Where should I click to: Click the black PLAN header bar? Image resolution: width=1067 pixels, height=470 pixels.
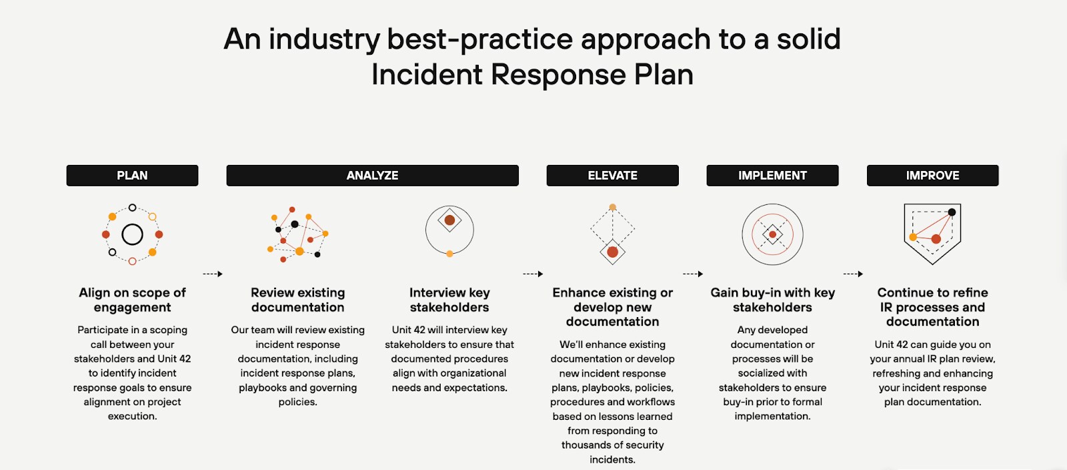click(x=132, y=176)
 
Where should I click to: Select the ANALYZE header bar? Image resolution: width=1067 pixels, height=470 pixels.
click(x=372, y=176)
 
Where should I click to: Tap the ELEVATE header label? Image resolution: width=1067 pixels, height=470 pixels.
click(x=612, y=176)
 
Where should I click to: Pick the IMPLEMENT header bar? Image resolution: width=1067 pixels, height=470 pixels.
click(x=772, y=176)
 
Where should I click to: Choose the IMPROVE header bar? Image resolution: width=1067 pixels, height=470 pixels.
click(x=932, y=176)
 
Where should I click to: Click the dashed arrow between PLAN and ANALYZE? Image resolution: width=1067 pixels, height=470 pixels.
click(x=213, y=274)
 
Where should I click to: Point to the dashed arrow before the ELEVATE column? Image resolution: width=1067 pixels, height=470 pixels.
click(x=533, y=274)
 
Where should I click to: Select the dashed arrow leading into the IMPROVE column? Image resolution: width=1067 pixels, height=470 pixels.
click(x=853, y=274)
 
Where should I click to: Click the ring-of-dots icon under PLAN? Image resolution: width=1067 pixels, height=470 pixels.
click(x=132, y=234)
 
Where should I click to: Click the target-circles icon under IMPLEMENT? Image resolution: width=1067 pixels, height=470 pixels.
click(x=772, y=234)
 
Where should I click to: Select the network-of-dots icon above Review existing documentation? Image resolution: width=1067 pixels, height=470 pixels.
click(x=297, y=234)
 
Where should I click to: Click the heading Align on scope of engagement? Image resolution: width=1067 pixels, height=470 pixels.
click(x=132, y=300)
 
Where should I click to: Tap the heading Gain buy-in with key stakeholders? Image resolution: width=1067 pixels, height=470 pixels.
click(x=772, y=300)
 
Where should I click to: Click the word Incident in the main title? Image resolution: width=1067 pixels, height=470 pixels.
click(x=427, y=75)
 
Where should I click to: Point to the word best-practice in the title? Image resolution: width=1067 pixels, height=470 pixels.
click(x=479, y=39)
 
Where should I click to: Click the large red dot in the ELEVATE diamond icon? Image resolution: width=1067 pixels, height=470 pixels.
click(x=612, y=252)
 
